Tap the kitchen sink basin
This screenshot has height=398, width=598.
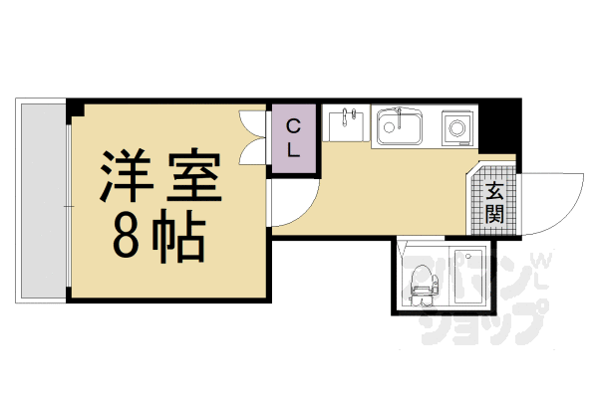click(400, 127)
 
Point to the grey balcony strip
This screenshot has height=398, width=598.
click(41, 199)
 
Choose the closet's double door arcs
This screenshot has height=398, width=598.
click(255, 139)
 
